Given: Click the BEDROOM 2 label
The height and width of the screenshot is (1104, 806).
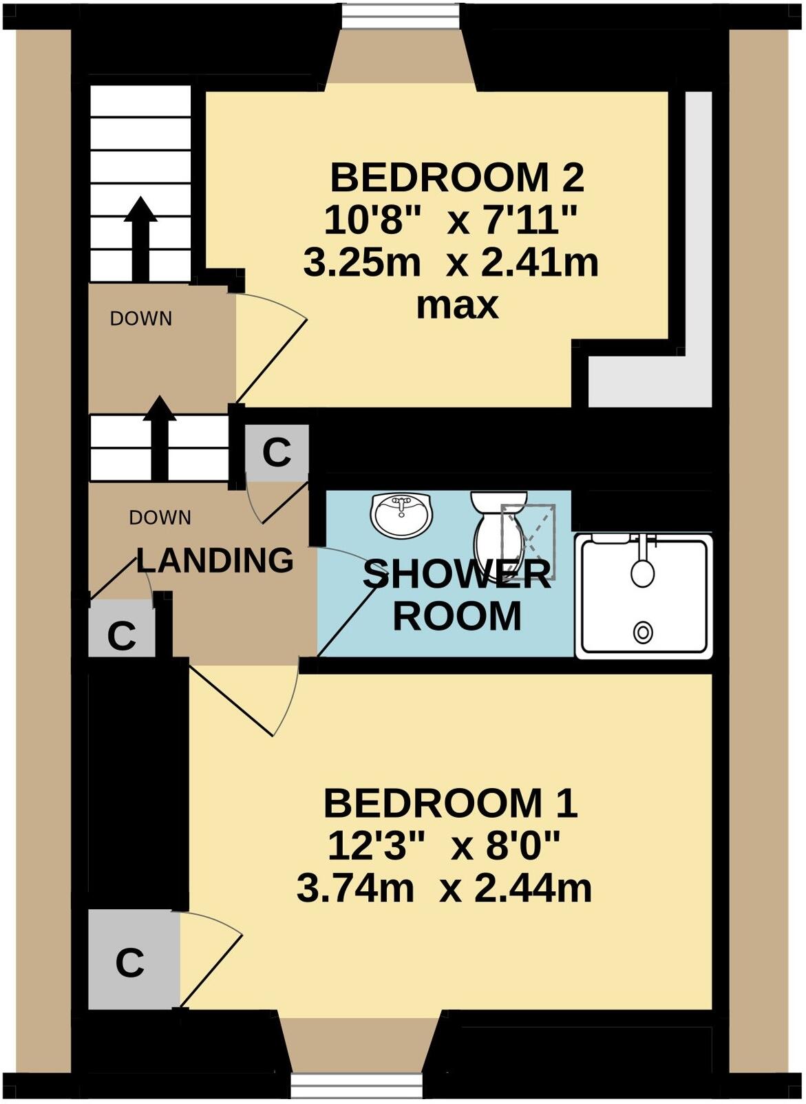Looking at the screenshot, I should [457, 178].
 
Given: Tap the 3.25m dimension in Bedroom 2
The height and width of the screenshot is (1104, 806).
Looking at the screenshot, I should [362, 263].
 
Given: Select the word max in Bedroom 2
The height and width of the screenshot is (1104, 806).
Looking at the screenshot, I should [457, 304].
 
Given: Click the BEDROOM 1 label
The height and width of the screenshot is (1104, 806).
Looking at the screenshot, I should [450, 803].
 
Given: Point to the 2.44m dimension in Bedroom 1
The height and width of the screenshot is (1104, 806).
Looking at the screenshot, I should [533, 889].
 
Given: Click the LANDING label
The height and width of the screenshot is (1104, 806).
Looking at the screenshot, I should [215, 560].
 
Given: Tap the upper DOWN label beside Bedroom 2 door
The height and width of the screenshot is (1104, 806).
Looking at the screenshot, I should [141, 319].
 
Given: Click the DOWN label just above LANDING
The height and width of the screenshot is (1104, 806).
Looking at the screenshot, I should [160, 518].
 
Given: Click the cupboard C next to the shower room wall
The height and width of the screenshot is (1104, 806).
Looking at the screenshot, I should [277, 453].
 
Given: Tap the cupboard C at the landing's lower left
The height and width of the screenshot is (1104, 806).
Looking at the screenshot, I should [122, 636].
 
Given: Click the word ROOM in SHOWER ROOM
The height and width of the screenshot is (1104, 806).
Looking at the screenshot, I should [457, 616].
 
